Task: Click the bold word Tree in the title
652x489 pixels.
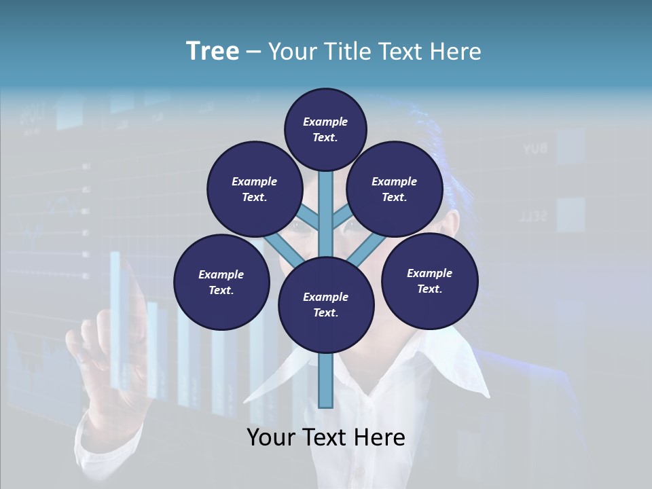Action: [x=213, y=52]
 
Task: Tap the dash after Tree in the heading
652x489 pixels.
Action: [x=254, y=52]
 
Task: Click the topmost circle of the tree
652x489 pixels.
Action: [x=325, y=129]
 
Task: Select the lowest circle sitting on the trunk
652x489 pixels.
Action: [x=326, y=305]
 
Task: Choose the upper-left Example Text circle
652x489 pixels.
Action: [x=254, y=189]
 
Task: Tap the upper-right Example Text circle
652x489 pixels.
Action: [x=395, y=189]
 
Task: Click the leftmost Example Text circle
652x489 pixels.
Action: [x=221, y=282]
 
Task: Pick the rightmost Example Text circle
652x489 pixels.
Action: [x=430, y=280]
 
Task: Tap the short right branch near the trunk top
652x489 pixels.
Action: [x=342, y=218]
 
